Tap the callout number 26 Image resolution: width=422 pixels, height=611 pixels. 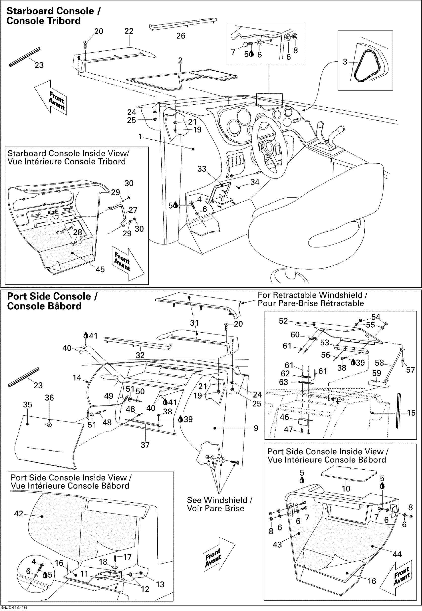click(181, 36)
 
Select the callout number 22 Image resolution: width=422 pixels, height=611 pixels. click(129, 31)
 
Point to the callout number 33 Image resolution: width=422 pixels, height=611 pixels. click(202, 169)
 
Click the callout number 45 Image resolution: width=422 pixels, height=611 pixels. click(100, 270)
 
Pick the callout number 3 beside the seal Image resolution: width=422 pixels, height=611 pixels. click(345, 62)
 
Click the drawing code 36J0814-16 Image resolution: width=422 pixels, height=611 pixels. click(13, 608)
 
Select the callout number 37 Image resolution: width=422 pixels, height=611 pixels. click(145, 445)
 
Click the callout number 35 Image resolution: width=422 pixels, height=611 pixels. click(28, 405)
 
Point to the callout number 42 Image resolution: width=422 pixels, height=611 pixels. click(19, 514)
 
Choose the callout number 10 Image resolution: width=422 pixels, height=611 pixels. click(346, 489)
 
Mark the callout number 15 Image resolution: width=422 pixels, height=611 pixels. click(411, 413)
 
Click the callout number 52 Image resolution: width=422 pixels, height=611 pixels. click(283, 321)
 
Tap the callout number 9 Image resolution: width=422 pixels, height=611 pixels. click(256, 428)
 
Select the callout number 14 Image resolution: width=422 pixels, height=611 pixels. click(77, 378)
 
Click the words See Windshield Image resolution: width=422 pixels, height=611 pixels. click(217, 500)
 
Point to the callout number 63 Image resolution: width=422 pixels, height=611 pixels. click(283, 382)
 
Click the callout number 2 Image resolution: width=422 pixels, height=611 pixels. click(180, 61)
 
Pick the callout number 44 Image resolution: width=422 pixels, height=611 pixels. click(397, 554)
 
